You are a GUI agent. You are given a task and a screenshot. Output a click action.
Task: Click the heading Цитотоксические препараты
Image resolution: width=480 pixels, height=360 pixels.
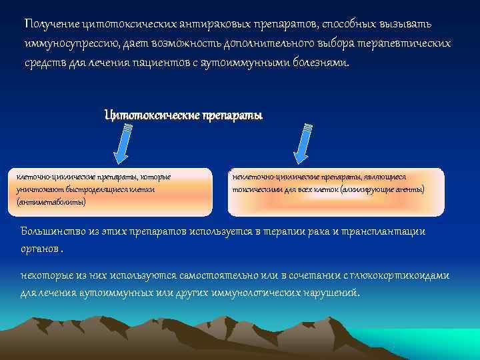(183, 115)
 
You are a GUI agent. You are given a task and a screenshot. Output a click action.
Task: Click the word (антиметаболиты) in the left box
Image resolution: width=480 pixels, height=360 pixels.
(51, 201)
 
